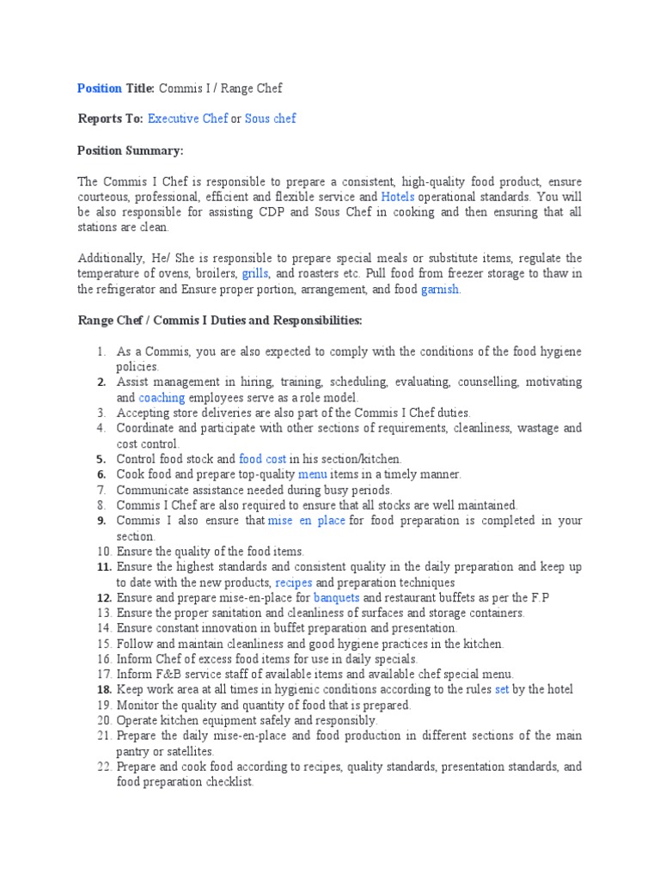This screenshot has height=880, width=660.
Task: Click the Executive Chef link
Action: point(187,119)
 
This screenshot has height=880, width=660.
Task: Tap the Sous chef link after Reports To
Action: point(271,119)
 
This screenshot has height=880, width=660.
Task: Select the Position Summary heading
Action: point(131,150)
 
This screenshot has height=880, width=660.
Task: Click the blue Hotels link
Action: point(398,197)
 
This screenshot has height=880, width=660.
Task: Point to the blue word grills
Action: point(255,274)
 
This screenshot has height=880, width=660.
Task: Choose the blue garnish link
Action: point(441,290)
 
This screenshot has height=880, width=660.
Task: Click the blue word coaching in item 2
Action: point(162,398)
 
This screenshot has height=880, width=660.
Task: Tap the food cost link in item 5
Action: point(262,460)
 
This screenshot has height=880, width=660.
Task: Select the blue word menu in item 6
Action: point(313,474)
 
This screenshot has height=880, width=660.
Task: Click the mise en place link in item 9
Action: point(307,521)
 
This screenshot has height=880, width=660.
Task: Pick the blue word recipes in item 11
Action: point(293,583)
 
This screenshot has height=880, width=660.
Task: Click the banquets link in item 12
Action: point(336,597)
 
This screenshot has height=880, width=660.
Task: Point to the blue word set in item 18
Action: point(503,689)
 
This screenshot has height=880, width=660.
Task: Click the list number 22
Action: point(103,767)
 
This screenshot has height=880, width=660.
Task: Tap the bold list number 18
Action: point(103,689)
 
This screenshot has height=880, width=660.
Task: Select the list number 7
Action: point(101,490)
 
